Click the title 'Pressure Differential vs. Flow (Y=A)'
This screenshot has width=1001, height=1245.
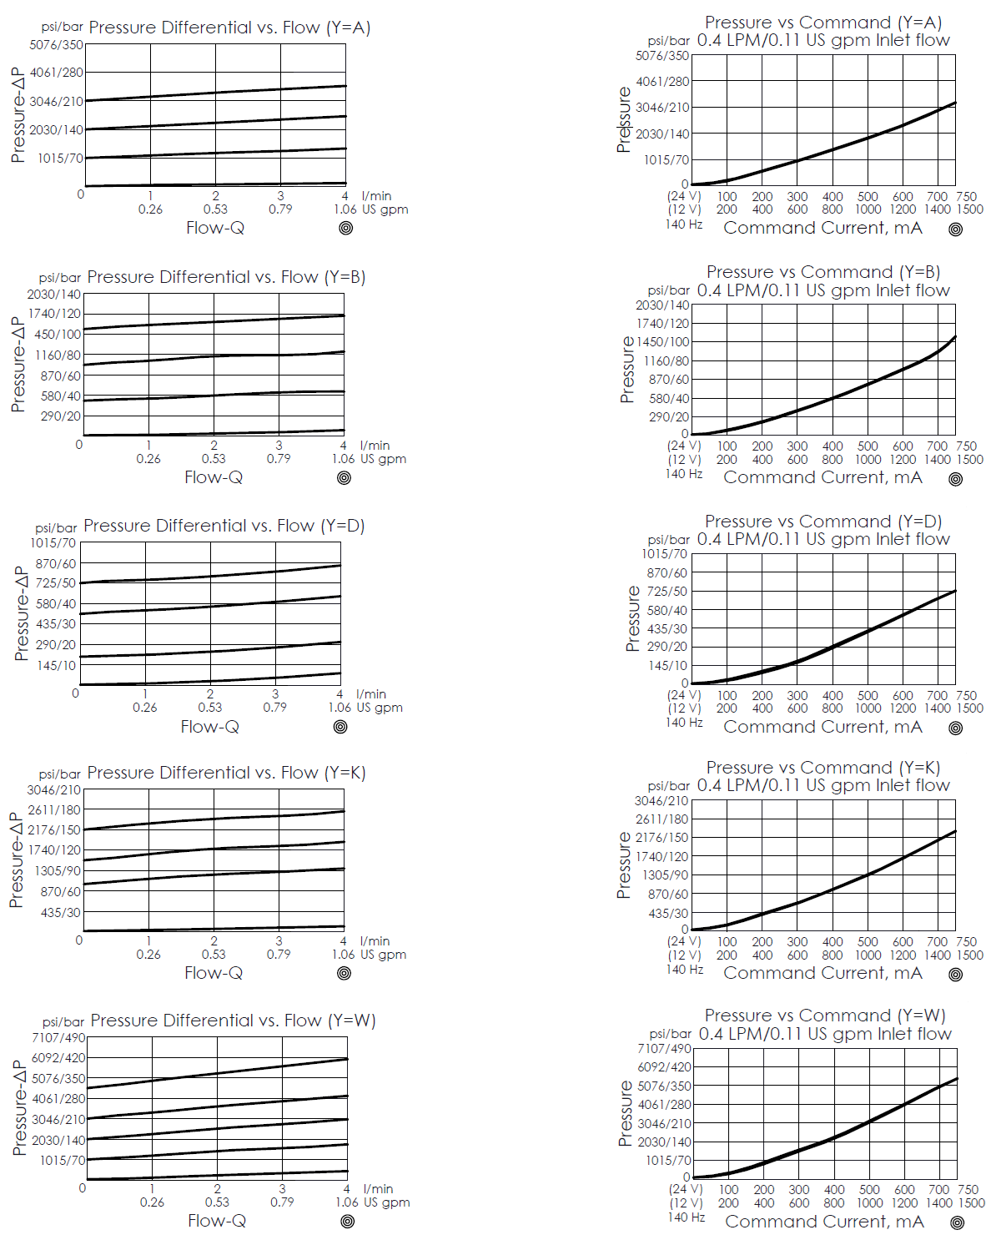[229, 28]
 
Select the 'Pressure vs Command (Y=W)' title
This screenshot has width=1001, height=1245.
[824, 1016]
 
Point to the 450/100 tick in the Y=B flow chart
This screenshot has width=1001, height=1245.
[58, 335]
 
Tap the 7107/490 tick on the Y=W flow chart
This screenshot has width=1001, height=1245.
[58, 1038]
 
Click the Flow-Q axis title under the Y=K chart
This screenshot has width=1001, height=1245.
[214, 973]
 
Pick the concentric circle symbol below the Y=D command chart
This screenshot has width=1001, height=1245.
[956, 728]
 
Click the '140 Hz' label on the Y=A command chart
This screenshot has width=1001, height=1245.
[684, 224]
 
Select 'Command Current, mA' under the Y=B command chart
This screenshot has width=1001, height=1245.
[822, 477]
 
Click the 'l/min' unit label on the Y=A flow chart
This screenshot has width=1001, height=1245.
[376, 196]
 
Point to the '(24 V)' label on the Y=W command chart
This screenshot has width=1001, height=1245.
[686, 1190]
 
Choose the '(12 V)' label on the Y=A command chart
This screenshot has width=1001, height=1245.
[684, 209]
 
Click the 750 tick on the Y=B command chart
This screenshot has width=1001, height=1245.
[966, 446]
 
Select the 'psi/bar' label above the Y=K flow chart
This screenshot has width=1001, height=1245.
[60, 774]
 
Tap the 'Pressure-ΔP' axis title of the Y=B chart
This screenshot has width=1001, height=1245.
[18, 364]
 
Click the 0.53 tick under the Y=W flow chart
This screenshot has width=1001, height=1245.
[217, 1202]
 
